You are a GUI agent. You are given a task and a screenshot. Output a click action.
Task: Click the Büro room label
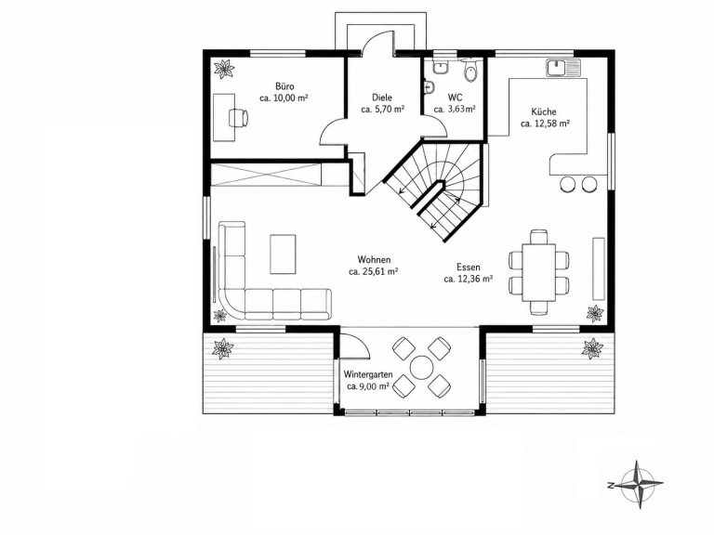click(x=284, y=86)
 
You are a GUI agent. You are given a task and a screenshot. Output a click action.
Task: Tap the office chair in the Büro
click(x=239, y=117)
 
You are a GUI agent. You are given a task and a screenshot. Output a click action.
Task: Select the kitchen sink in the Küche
click(x=563, y=67)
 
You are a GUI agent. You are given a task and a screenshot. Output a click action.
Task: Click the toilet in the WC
click(x=469, y=72)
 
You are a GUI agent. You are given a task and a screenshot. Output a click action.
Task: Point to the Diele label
click(x=381, y=98)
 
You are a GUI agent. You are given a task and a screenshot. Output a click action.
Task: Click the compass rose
click(x=636, y=484)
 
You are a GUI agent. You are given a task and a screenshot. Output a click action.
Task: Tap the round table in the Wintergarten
click(x=422, y=368)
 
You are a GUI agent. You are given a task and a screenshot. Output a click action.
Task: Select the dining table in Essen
click(x=538, y=272)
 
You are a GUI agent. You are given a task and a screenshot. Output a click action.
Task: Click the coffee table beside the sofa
click(x=283, y=254)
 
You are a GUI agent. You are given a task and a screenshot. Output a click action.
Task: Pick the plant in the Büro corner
click(x=224, y=69)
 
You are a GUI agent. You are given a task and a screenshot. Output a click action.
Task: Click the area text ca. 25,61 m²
click(x=374, y=271)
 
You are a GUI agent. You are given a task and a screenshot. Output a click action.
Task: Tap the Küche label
click(x=544, y=111)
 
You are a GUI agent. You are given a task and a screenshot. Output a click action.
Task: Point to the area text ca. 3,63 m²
click(x=455, y=109)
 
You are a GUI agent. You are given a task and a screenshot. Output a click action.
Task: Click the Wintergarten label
click(x=368, y=374)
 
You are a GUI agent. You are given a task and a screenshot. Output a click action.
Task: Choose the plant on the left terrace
click(x=223, y=348)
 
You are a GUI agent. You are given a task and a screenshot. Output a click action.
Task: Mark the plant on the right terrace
click(x=592, y=348)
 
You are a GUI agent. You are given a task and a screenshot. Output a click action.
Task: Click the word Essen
click(x=469, y=267)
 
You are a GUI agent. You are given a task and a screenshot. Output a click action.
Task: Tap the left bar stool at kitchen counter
click(x=568, y=183)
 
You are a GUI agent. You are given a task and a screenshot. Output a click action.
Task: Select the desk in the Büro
click(x=223, y=117)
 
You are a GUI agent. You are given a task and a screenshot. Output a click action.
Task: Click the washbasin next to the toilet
click(x=441, y=67)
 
